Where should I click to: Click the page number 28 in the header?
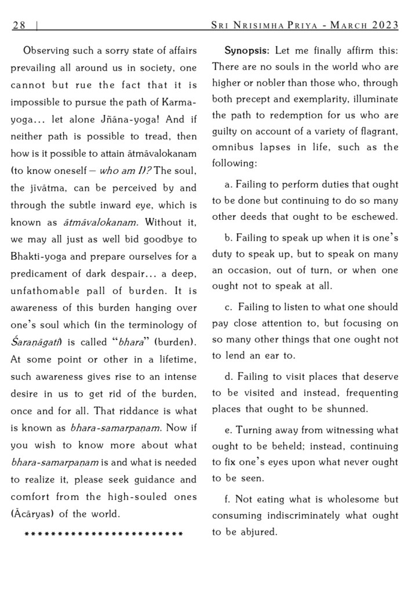19,24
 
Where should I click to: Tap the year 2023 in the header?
383,24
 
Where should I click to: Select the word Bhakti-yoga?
38,256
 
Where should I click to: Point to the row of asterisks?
104,533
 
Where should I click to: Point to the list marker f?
227,499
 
